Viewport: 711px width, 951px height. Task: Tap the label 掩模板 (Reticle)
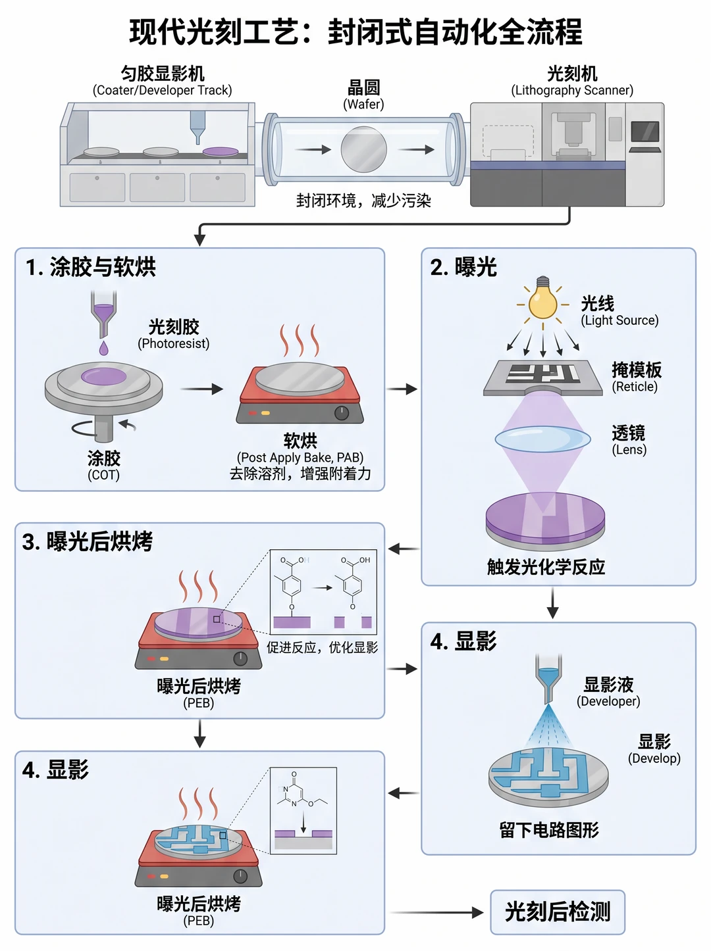click(x=636, y=377)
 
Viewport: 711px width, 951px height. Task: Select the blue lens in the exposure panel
click(x=542, y=439)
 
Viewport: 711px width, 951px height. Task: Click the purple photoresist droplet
click(x=103, y=348)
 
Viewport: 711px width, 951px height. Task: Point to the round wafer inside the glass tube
click(x=363, y=149)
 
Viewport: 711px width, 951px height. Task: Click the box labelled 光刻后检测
click(x=558, y=912)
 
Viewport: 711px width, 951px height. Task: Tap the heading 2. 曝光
click(x=463, y=267)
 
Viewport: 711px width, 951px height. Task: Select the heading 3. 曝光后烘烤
click(x=87, y=541)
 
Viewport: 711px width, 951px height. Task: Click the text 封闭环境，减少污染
click(x=363, y=201)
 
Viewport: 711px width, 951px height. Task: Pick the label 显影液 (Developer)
click(x=608, y=691)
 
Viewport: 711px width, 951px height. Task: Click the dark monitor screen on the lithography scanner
click(x=645, y=131)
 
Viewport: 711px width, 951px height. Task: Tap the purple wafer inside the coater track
click(x=221, y=151)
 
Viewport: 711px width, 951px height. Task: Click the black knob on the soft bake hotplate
click(x=342, y=413)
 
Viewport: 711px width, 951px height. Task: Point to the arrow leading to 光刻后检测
click(x=436, y=912)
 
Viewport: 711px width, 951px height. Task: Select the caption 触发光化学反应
click(x=546, y=567)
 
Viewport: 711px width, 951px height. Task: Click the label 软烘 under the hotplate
click(x=300, y=441)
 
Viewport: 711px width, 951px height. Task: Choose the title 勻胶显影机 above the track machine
click(x=163, y=74)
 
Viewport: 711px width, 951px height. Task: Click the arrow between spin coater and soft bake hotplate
click(x=201, y=389)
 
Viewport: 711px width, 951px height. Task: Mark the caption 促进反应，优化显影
click(x=322, y=647)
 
